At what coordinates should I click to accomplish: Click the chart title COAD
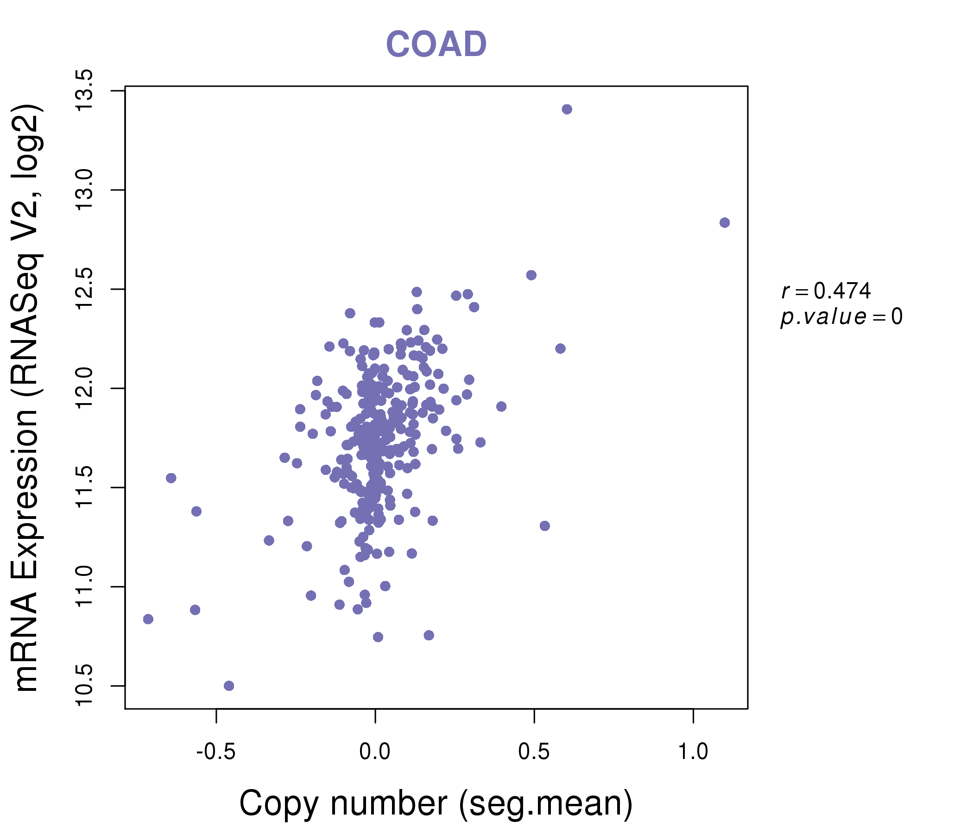(x=436, y=44)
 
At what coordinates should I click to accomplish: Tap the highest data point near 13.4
(x=567, y=109)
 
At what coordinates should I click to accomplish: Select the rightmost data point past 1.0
(x=725, y=222)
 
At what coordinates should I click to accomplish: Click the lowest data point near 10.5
(x=229, y=686)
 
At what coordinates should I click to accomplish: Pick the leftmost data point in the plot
(x=148, y=619)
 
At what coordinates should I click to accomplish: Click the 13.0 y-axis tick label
(x=85, y=190)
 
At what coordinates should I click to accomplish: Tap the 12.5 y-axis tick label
(x=85, y=289)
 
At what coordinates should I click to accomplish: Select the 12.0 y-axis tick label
(x=85, y=388)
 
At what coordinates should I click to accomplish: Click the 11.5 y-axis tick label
(x=85, y=487)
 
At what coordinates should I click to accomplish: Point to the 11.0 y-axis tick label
(x=85, y=587)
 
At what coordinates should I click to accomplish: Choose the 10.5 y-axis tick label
(x=85, y=686)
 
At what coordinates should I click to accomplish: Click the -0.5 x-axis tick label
(x=215, y=752)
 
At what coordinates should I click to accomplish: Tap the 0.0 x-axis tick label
(x=375, y=752)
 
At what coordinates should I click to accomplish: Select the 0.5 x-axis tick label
(x=534, y=752)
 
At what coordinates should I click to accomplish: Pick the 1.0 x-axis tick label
(x=693, y=752)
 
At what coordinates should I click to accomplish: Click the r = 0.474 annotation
(x=826, y=291)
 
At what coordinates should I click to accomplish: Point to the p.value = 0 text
(x=841, y=317)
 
